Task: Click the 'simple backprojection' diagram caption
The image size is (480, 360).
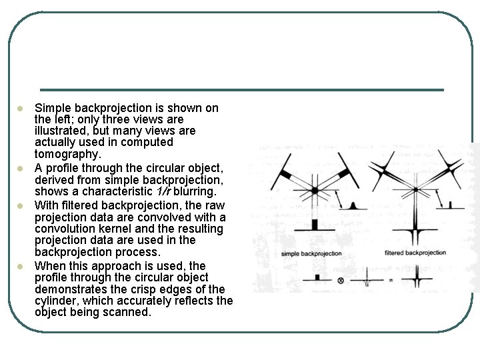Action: pos(311,253)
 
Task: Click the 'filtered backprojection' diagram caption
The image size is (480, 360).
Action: pos(415,253)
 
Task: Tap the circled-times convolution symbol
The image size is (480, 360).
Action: pos(341,281)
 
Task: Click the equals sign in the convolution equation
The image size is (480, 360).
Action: pos(390,281)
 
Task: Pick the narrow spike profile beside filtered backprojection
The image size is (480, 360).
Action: pos(451,205)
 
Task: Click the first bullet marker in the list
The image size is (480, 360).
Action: pos(21,108)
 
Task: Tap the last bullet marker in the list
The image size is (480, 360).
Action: pos(21,266)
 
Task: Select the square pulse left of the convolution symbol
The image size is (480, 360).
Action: pos(317,277)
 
